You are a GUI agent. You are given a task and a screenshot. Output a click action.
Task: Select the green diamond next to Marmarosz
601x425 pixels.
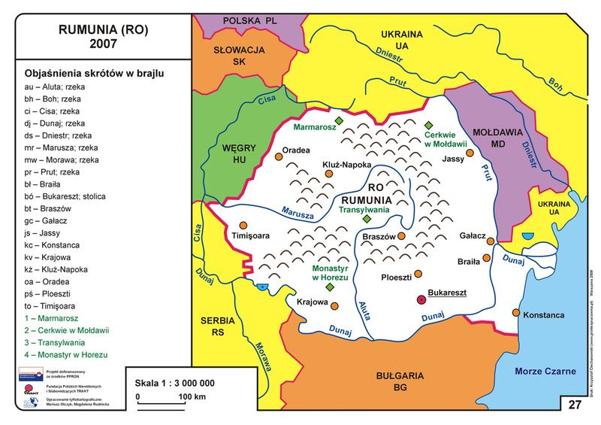(x=340, y=121)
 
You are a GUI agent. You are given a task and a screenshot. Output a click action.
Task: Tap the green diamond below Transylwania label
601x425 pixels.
(x=367, y=219)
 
